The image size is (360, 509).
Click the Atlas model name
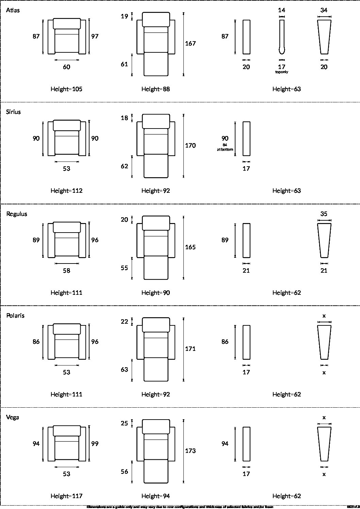(13, 10)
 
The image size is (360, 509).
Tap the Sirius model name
(13, 112)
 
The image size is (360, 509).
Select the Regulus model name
(17, 214)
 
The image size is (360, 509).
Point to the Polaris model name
(15, 316)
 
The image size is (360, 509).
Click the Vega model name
(13, 417)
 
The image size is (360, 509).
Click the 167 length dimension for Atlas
(190, 44)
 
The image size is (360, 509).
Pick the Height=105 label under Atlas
(66, 89)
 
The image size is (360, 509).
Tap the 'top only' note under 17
(281, 72)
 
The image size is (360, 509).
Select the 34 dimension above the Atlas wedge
(324, 10)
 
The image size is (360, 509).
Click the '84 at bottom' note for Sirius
(225, 147)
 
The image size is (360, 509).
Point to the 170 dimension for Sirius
(190, 146)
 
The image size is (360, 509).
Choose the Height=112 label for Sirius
(66, 191)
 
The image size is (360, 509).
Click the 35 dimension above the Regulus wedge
(324, 214)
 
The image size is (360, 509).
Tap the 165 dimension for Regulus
(190, 247)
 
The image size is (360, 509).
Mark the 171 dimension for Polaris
(190, 349)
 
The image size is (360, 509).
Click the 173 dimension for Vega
(190, 451)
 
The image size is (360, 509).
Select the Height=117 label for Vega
(66, 496)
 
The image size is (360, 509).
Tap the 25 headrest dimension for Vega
(125, 423)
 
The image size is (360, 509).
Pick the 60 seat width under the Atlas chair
(66, 67)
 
